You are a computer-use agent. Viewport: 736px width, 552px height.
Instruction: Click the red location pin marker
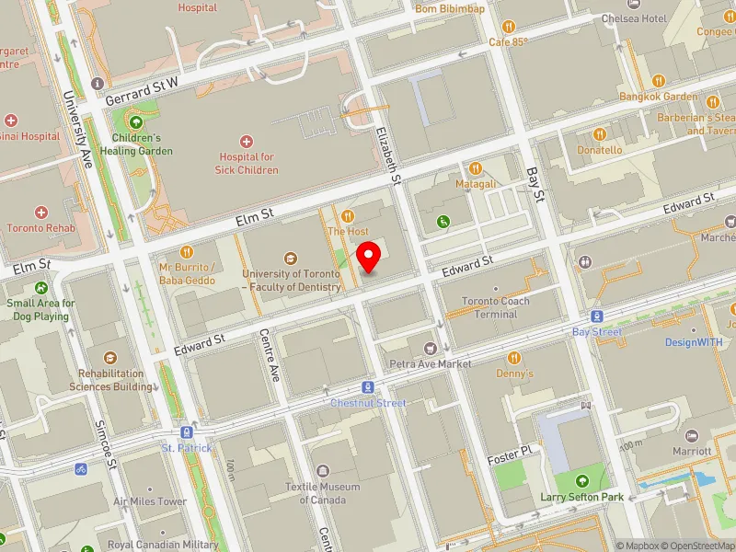point(370,257)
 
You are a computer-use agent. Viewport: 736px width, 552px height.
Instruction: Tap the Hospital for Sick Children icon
point(246,141)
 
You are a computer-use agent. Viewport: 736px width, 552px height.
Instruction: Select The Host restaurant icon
point(348,215)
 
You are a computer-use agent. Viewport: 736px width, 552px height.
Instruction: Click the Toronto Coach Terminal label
point(496,307)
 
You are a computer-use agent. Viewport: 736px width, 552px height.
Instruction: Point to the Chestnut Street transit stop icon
point(368,387)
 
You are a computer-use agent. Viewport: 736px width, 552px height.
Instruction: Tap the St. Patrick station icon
point(187,431)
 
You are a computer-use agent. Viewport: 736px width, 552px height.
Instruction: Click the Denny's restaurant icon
point(514,358)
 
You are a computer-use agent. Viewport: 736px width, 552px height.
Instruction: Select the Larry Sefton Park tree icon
point(581,481)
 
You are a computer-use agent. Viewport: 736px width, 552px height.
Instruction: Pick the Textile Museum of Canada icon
point(322,470)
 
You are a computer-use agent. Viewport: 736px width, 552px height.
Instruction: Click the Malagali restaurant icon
point(476,167)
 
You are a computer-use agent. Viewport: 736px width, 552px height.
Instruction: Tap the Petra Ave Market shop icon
point(430,348)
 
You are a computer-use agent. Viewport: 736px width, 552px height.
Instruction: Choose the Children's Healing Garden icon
point(136,122)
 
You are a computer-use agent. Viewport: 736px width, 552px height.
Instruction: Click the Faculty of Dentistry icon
point(291,259)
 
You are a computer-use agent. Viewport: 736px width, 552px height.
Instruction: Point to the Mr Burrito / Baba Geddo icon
point(186,250)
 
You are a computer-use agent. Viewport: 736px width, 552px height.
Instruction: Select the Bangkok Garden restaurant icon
point(658,81)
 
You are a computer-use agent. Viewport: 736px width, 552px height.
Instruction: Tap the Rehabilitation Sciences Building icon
point(110,358)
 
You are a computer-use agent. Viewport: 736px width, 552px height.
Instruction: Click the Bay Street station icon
point(597,316)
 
